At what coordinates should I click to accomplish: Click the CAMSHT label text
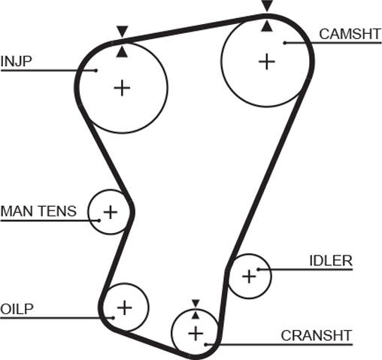[350, 34]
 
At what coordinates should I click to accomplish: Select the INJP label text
[17, 61]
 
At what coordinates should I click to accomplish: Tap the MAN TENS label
[38, 211]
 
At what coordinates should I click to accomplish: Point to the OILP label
[17, 309]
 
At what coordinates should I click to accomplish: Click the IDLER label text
[331, 261]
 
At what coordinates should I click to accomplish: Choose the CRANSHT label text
[317, 335]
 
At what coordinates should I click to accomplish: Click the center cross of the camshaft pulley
[267, 62]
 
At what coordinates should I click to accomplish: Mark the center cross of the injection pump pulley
[122, 88]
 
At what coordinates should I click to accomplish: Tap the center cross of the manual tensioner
[111, 212]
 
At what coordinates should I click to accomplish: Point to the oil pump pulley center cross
[124, 307]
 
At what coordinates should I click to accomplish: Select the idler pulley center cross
[249, 277]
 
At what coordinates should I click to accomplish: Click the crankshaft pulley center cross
[196, 334]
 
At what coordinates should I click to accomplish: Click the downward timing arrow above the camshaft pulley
[267, 5]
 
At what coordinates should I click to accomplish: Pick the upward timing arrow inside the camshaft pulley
[267, 26]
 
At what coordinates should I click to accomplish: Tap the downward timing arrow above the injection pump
[123, 31]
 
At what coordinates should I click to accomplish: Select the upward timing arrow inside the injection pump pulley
[123, 52]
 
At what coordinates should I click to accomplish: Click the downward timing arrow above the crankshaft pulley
[196, 303]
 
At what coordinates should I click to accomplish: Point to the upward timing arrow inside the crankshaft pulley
[196, 315]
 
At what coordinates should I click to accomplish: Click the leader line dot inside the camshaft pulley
[285, 43]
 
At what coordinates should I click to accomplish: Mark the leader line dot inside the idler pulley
[259, 269]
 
